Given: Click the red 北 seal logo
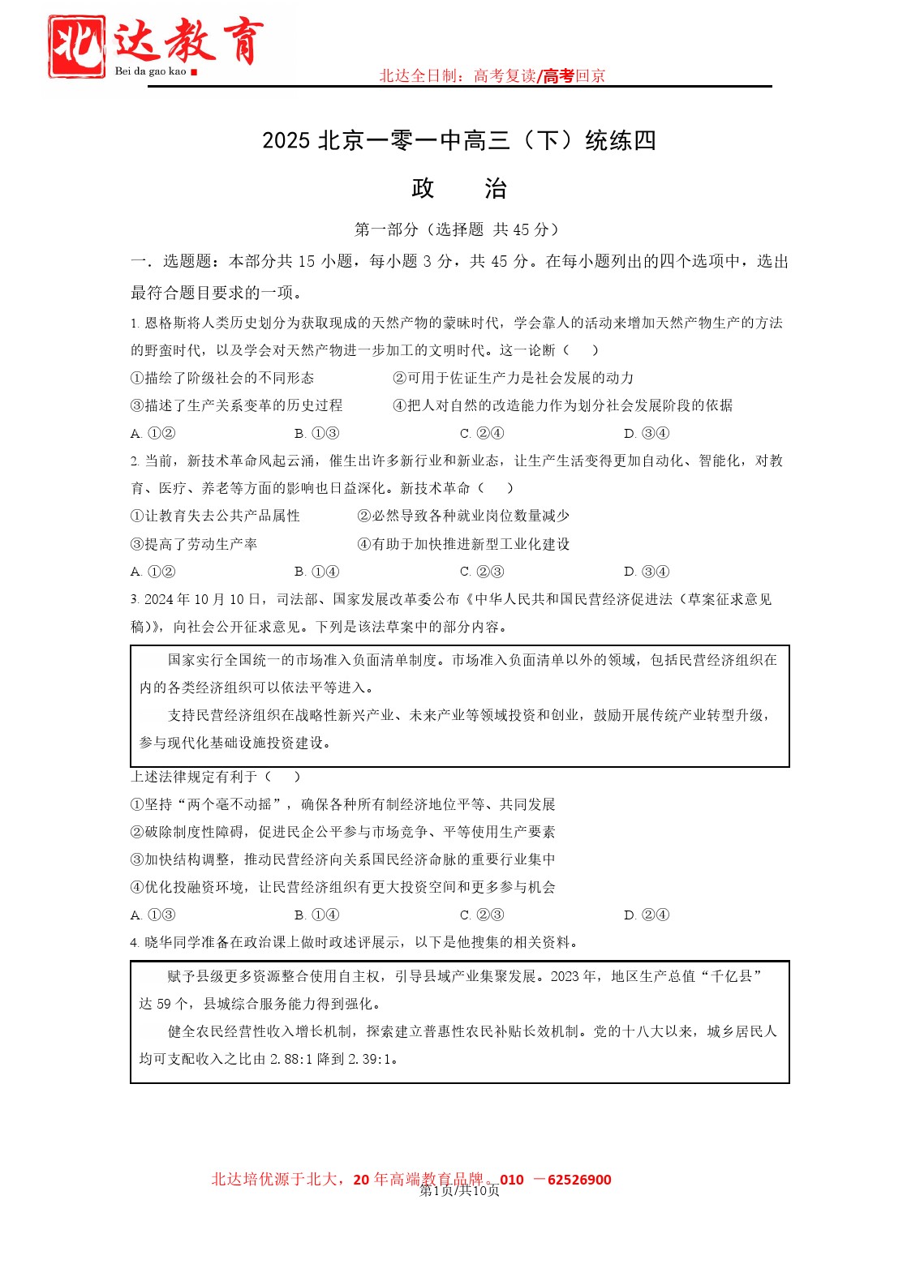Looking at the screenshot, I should [76, 47].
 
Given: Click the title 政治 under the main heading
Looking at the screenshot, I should [459, 189].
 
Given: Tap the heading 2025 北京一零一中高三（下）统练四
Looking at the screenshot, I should [459, 140].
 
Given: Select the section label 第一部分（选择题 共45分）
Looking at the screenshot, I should [459, 229].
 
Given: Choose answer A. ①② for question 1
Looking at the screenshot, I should [153, 433].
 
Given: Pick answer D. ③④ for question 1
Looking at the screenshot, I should [647, 433].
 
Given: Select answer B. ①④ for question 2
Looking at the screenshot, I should [317, 572].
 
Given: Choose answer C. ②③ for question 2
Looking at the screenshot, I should [482, 572].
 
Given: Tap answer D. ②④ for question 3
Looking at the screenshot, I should [647, 915].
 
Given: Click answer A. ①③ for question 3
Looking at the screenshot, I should [153, 915].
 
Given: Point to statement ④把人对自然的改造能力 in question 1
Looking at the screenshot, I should [562, 405].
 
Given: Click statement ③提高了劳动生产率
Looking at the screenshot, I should [194, 544].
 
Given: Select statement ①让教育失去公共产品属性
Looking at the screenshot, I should [215, 516].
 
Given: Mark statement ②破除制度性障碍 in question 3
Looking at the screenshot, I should [342, 832].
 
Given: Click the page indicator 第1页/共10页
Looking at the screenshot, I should [459, 1190].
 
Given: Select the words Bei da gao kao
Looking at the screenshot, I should [151, 71].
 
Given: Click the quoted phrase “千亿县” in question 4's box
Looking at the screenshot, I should [733, 976].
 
